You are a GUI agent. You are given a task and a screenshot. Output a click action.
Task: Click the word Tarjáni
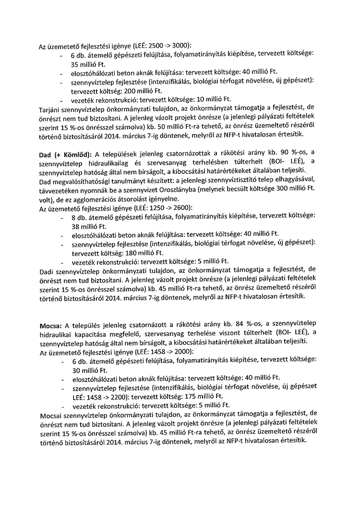tap(49, 109)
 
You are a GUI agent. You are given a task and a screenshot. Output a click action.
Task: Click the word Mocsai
tap(48, 414)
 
